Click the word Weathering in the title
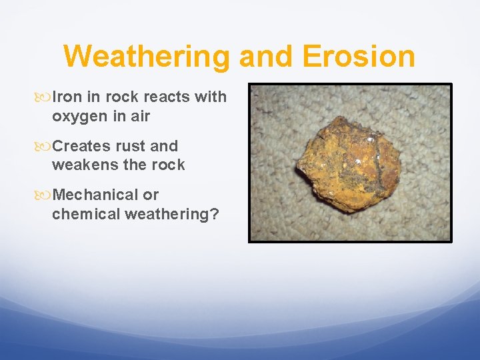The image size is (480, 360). click(x=147, y=56)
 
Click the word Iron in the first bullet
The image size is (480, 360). click(x=67, y=97)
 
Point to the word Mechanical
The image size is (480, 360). click(x=96, y=195)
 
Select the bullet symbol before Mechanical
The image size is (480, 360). click(x=44, y=195)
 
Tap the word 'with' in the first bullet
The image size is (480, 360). click(x=210, y=97)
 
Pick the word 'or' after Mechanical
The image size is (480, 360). click(x=151, y=195)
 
